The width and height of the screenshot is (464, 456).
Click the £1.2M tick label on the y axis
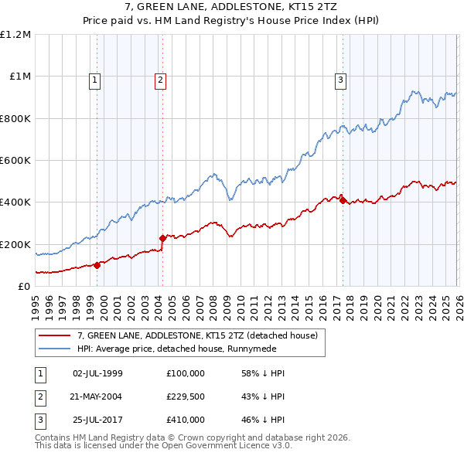[x=15, y=35]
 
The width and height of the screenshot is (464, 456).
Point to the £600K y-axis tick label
[x=15, y=161]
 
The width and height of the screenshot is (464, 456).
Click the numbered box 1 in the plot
[x=94, y=79]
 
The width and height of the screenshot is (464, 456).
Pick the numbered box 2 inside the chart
[x=160, y=79]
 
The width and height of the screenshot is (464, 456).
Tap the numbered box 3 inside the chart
[x=340, y=79]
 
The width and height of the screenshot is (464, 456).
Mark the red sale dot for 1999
[x=97, y=265]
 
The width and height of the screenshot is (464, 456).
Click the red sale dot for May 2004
[x=162, y=238]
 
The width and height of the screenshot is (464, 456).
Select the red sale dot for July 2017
[x=343, y=200]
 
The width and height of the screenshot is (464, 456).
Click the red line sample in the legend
[x=55, y=335]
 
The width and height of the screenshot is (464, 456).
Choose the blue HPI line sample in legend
[x=55, y=349]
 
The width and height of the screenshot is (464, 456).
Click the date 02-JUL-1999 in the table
[x=97, y=373]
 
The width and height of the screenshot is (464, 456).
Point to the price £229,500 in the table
[x=186, y=396]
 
